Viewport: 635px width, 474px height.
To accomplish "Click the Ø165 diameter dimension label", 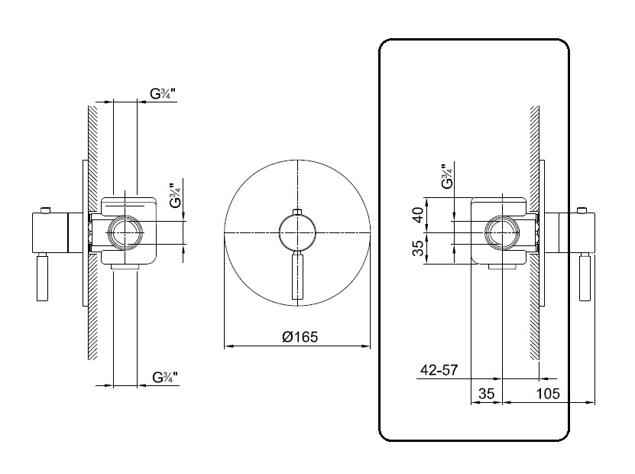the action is pyautogui.click(x=300, y=336).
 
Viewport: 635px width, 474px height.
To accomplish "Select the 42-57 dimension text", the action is pyautogui.click(x=439, y=369).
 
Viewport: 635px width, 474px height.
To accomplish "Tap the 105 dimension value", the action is pyautogui.click(x=548, y=394).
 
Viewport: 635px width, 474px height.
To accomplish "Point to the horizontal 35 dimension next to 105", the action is pyautogui.click(x=486, y=394).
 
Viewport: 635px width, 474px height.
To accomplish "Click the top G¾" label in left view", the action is pyautogui.click(x=163, y=93).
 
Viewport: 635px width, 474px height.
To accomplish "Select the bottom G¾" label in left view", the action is pyautogui.click(x=165, y=377).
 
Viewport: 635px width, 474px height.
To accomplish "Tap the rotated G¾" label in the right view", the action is pyautogui.click(x=447, y=177).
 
